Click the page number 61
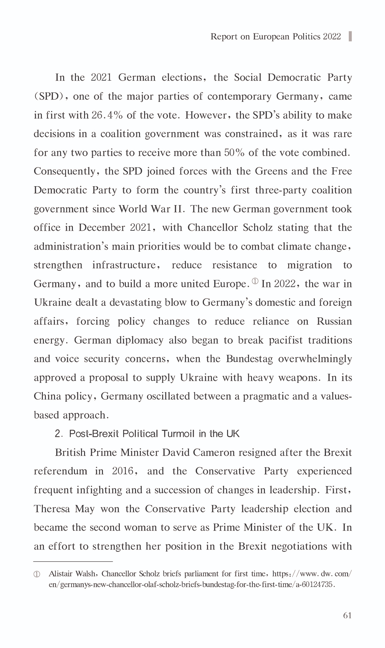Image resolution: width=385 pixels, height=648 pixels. (x=347, y=616)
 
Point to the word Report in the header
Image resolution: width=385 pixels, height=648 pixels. (x=224, y=36)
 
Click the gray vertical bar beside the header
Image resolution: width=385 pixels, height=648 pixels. (x=350, y=36)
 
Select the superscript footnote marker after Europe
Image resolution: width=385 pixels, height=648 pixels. (x=255, y=281)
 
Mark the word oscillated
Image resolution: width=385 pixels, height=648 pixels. (x=169, y=396)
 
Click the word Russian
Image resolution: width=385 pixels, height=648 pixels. (x=334, y=321)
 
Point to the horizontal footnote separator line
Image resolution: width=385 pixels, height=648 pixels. (x=73, y=562)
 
